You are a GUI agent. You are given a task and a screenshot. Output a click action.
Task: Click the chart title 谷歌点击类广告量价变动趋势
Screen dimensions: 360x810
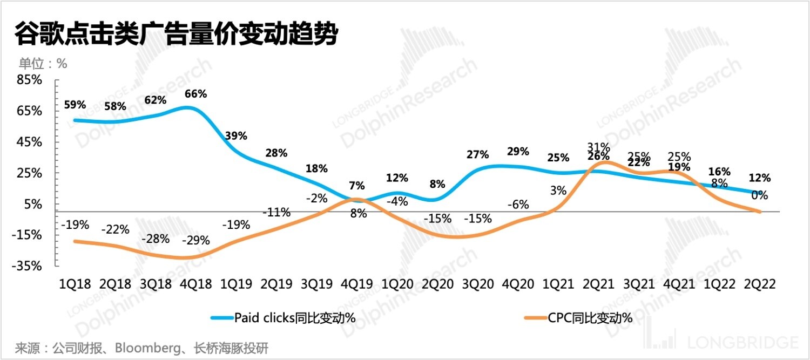pos(176,35)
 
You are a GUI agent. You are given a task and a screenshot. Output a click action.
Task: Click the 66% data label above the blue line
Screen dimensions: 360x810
pos(195,94)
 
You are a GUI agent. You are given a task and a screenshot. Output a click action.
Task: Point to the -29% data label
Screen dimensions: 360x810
pos(195,240)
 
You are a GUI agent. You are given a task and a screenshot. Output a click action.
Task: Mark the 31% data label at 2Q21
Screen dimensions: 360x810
pos(599,147)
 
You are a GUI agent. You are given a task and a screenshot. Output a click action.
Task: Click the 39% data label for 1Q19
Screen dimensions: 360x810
pos(236,135)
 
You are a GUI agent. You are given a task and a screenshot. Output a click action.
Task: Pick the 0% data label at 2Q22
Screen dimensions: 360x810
pos(758,195)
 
